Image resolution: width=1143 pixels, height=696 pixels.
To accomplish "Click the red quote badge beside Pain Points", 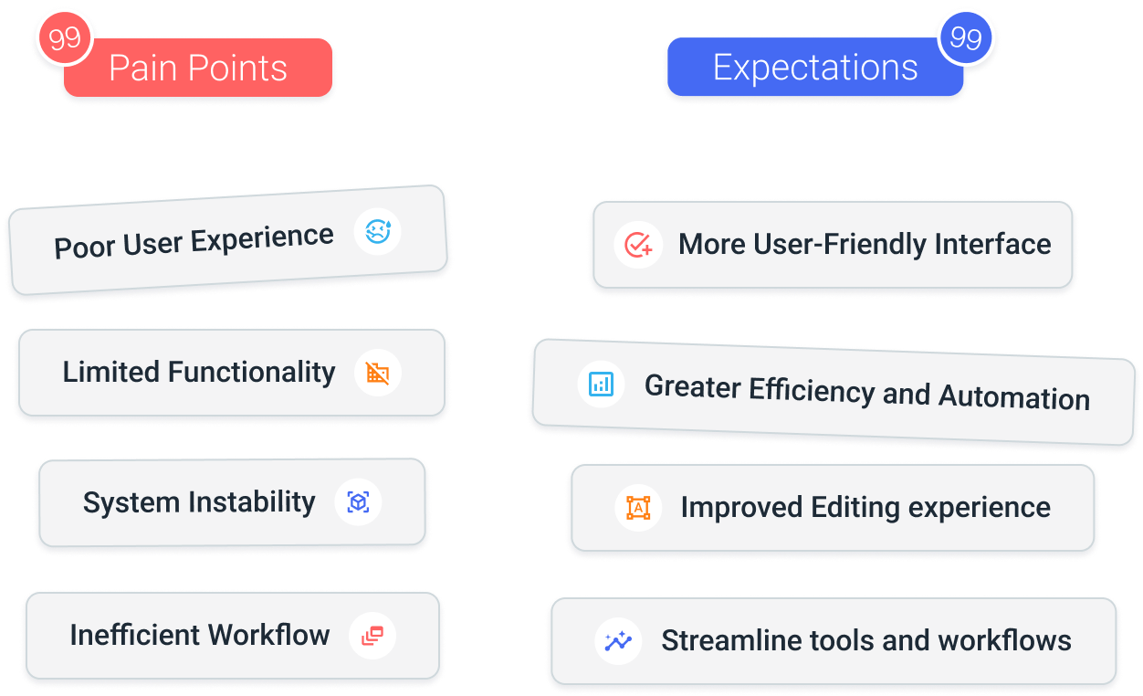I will tap(65, 39).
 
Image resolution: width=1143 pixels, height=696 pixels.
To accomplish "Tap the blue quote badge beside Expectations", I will tap(965, 38).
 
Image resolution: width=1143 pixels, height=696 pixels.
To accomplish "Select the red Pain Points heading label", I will tap(198, 69).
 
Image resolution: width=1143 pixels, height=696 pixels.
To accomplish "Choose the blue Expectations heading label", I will tap(815, 68).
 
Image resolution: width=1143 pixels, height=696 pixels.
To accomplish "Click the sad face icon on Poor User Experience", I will tap(378, 232).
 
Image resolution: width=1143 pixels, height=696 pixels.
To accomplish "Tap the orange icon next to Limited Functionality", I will tap(377, 373).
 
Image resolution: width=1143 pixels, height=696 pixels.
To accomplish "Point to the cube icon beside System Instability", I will tap(358, 502).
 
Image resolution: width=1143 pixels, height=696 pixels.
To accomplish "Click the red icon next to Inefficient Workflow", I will tap(372, 636).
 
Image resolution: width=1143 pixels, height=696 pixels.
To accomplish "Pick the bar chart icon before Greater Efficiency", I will tap(602, 384).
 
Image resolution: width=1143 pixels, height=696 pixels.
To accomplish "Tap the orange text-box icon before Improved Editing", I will tap(638, 508).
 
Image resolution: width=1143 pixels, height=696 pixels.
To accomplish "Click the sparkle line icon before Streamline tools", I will tap(618, 640).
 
